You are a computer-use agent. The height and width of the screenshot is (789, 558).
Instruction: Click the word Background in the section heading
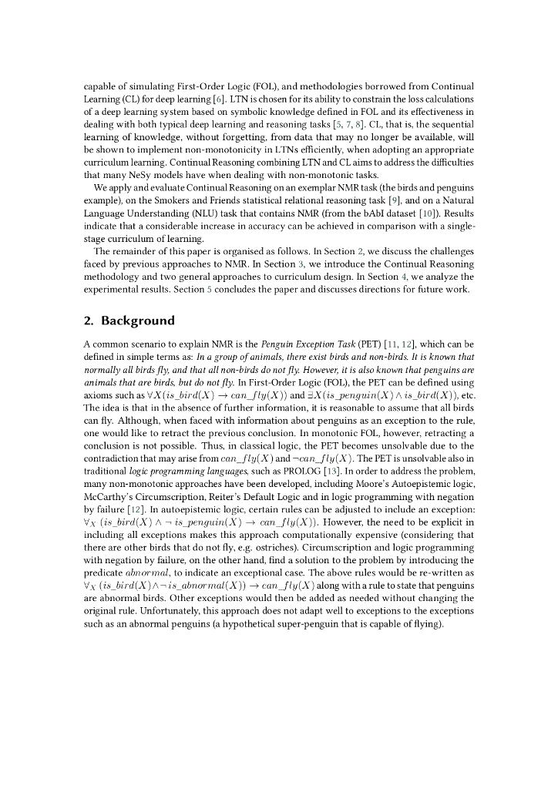pyautogui.click(x=138, y=321)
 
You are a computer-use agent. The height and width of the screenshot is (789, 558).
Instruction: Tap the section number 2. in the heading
pyautogui.click(x=89, y=321)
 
